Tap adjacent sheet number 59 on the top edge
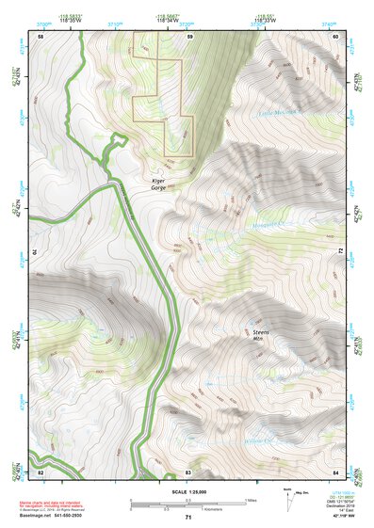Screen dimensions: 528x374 coord(188,36)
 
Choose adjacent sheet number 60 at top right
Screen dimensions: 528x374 coord(336,36)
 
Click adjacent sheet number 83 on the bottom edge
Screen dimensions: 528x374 coord(188,471)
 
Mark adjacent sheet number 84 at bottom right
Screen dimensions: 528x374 coord(336,471)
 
